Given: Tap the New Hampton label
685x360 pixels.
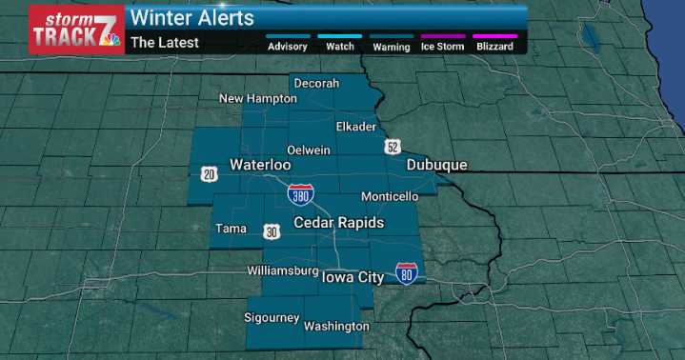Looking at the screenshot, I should tap(258, 98).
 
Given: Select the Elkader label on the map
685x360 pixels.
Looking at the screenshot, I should tap(356, 126).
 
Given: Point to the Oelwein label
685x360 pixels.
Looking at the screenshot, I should tap(309, 150).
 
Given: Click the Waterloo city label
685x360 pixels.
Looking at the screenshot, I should tap(260, 165).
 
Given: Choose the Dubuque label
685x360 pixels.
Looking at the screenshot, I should tap(436, 165).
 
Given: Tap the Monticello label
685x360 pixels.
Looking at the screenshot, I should tap(390, 196).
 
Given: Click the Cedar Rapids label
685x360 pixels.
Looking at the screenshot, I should tap(338, 223).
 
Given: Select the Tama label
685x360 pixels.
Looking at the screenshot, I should tap(232, 229).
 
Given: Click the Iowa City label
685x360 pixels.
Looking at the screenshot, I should tap(353, 278).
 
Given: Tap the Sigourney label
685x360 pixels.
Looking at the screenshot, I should tap(272, 317).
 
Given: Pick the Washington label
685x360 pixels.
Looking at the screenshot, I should tap(336, 327).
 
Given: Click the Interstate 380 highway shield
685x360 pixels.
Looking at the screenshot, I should tap(300, 194).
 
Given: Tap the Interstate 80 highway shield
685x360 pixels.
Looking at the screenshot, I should tap(406, 273).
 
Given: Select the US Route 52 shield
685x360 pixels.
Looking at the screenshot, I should tap(393, 147).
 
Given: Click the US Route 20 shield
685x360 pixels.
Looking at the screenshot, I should tap(210, 172).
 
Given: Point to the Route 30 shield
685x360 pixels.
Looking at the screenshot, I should tap(272, 231).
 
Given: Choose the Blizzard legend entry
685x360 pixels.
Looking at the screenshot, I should tap(494, 45).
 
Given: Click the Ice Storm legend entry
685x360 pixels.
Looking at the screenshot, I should tap(443, 45).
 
